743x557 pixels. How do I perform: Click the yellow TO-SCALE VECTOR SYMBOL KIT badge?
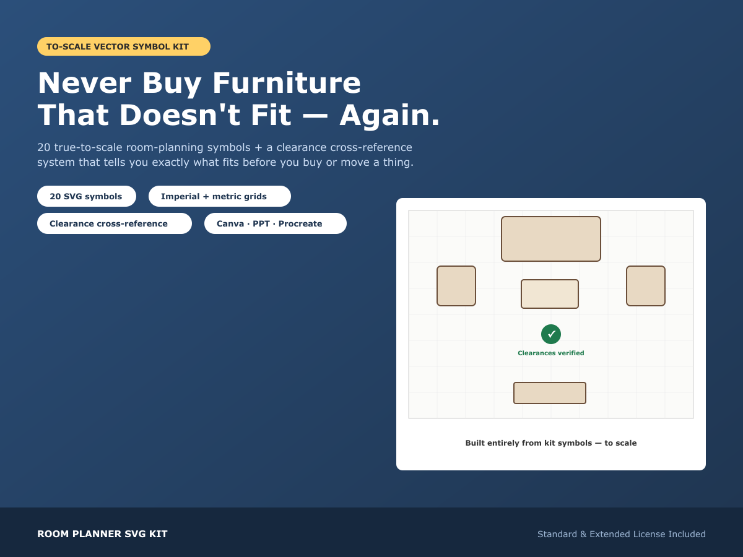tap(124, 46)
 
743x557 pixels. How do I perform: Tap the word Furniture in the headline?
tap(287, 83)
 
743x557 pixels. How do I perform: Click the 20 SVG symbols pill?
tap(87, 196)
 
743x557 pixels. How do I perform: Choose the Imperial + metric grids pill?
tap(220, 196)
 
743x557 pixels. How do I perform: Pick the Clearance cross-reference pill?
tap(115, 223)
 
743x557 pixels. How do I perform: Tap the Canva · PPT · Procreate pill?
tap(275, 223)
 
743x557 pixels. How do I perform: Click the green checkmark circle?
tap(550, 334)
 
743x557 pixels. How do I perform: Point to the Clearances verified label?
tap(550, 353)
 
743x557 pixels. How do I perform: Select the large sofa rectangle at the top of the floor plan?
tap(550, 239)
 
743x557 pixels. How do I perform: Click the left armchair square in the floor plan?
tap(456, 286)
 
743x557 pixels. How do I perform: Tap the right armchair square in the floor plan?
tap(646, 286)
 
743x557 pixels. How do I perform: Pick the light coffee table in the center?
tap(549, 294)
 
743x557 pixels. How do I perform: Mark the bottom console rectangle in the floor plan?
tap(549, 392)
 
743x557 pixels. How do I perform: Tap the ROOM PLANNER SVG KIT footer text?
tap(102, 534)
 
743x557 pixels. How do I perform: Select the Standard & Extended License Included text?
tap(622, 534)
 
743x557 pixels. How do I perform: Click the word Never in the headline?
tap(84, 83)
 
